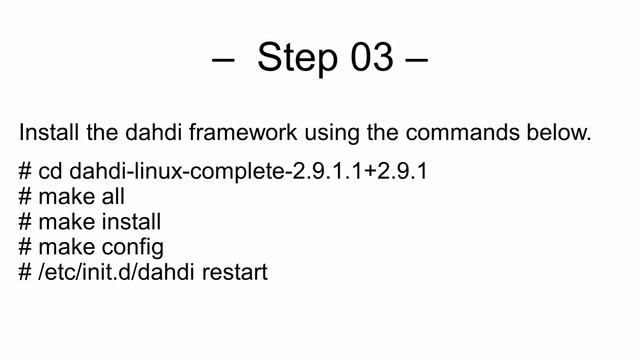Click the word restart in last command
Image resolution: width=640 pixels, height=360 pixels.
pyautogui.click(x=234, y=271)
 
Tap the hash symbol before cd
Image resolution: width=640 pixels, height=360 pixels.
pyautogui.click(x=25, y=172)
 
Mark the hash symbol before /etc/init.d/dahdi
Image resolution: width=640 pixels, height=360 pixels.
pyautogui.click(x=25, y=271)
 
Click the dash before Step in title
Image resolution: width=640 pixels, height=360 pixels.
pyautogui.click(x=222, y=60)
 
